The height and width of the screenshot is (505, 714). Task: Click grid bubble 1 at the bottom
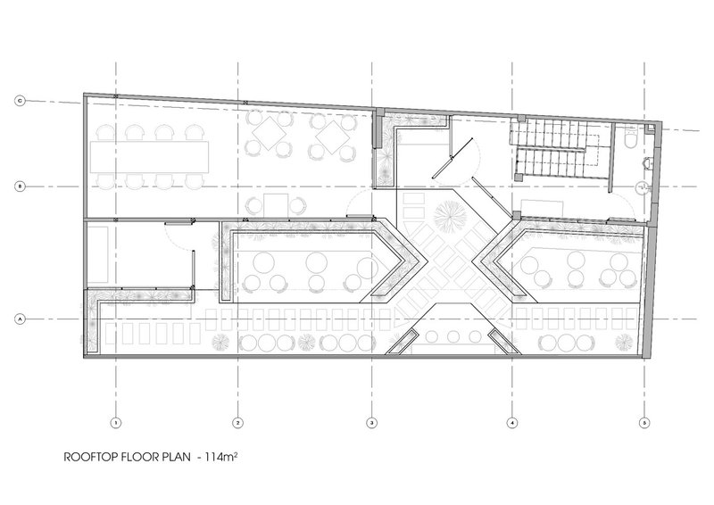click(116, 423)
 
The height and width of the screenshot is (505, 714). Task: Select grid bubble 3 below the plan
click(371, 423)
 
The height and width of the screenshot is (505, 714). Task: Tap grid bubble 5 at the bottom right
click(643, 423)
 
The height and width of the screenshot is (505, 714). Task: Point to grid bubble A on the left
click(20, 319)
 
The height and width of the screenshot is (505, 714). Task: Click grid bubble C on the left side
click(20, 101)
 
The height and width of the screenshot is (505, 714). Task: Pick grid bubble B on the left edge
click(20, 186)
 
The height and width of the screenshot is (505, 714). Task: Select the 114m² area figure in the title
click(221, 457)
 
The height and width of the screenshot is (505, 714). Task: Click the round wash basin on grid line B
click(643, 186)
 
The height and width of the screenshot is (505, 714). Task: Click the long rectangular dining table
click(149, 157)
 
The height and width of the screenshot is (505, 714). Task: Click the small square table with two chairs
click(276, 205)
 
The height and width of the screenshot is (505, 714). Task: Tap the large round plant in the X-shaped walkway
click(450, 217)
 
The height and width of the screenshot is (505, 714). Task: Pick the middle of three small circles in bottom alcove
click(453, 336)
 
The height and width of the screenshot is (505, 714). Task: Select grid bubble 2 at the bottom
click(237, 423)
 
